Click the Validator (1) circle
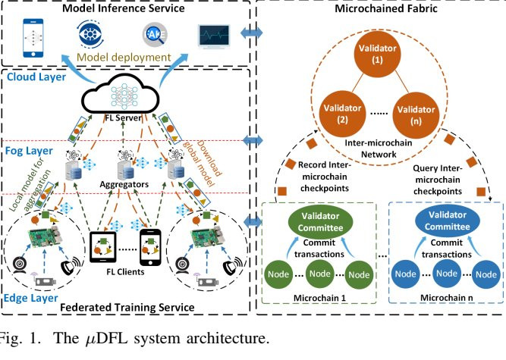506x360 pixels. click(378, 55)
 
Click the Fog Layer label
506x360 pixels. click(24, 130)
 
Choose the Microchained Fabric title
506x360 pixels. click(384, 9)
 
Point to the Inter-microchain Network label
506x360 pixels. click(378, 149)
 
